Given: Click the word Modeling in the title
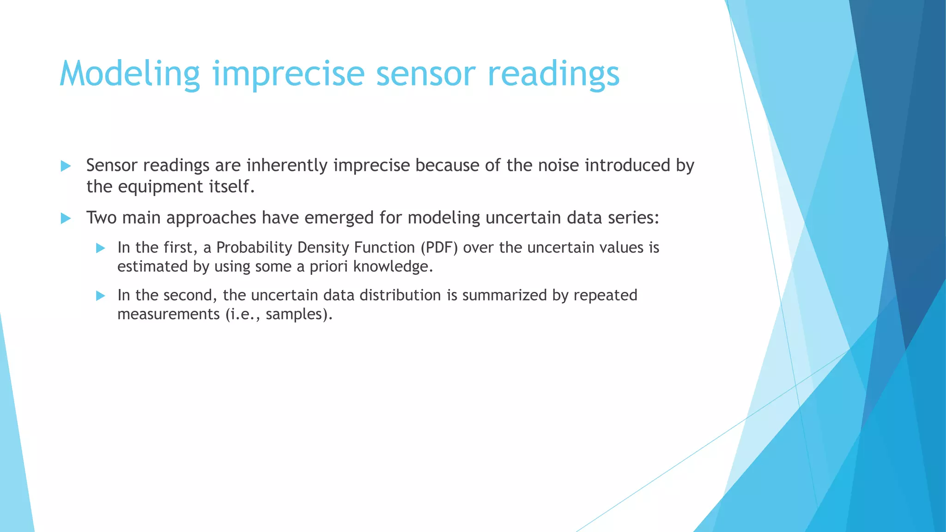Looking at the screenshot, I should pos(130,74).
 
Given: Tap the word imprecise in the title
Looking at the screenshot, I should pos(289,74).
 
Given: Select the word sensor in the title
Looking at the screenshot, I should pos(425,74).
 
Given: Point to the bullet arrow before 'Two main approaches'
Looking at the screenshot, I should pos(66,218).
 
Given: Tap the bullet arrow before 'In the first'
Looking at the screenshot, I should pos(101,248).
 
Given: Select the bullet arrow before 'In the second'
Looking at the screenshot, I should pos(101,296).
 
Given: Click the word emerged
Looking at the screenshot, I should pos(339,218).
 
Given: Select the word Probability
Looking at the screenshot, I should pos(254,248).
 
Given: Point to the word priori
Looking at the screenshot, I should pos(328,266).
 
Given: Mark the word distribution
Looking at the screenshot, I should pos(400,295).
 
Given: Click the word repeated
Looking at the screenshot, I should pos(605,295).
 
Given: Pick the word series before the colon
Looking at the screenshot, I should pos(632,218).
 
